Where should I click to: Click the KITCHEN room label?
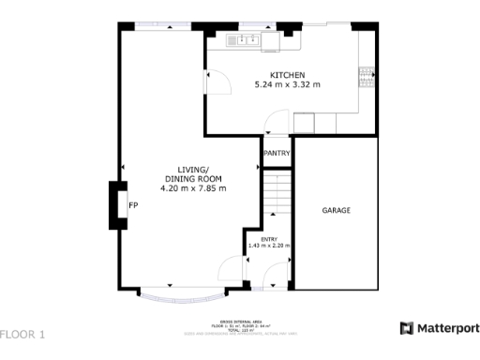pos(288,75)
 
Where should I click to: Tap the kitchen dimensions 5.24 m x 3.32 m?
pos(288,85)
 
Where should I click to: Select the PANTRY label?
pos(277,153)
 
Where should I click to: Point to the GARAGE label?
pos(336,210)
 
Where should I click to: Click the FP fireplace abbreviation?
pos(133,204)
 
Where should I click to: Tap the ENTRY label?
pos(269,240)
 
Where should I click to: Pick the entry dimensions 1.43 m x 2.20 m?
pos(269,247)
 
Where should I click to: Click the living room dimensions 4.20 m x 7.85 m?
pos(193,187)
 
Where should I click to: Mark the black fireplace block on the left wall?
pos(117,204)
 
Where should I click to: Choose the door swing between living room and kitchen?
pos(214,83)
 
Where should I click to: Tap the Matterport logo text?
pos(440,328)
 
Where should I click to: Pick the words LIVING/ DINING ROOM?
pos(193,173)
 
